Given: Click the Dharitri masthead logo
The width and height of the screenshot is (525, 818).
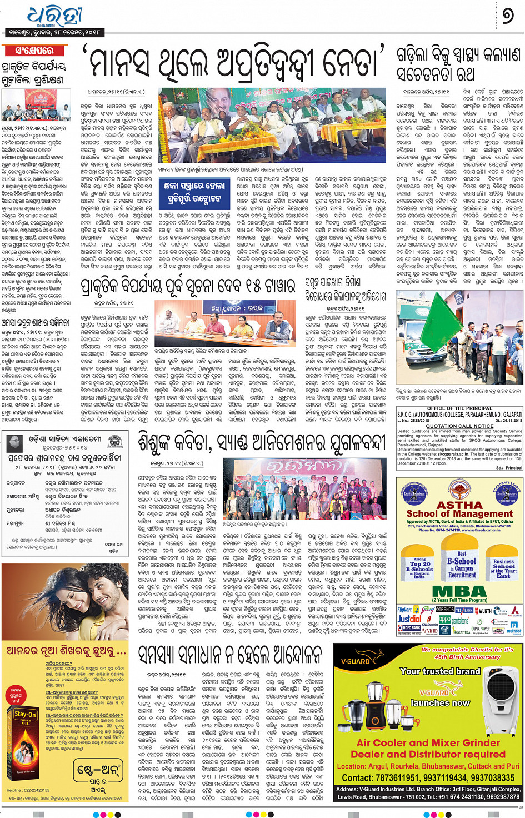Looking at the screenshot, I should pos(54,16).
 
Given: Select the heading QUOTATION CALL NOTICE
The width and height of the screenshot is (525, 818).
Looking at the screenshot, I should pos(459,426).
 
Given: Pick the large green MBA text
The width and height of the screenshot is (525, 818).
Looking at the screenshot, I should pos(459,591).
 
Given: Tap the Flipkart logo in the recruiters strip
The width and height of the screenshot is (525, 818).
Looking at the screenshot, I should pos(404,610).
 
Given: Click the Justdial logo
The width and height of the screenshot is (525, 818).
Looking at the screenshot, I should pos(409,619).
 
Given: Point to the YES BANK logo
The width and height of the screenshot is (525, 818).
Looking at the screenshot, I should pos(463,610).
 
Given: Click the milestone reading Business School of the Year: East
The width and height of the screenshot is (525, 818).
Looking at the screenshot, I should pos(503,568).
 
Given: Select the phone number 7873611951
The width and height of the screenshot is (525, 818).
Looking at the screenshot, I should pos(393,778).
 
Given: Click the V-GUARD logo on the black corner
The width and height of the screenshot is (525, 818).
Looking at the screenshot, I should pos(356,661).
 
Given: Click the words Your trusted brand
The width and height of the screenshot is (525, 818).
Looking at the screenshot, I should pos(440,671).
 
